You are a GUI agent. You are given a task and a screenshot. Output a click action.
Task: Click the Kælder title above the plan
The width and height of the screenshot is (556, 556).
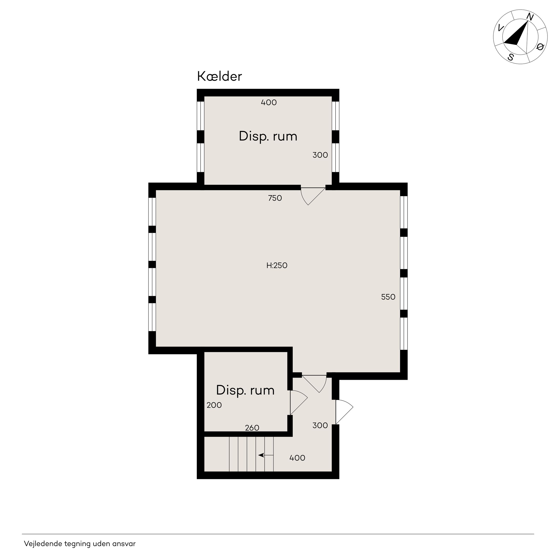[x=219, y=77]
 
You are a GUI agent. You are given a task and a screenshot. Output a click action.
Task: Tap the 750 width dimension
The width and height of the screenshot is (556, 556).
[x=275, y=198]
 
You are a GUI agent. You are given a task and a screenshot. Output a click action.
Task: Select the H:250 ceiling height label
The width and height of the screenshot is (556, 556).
[x=277, y=265]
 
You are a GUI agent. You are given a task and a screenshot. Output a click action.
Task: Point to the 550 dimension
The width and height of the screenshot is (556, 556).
[x=388, y=297]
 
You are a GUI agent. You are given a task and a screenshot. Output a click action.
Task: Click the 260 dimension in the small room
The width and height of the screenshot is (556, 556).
[x=252, y=428]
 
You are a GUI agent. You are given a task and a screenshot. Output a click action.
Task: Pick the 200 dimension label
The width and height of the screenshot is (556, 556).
[x=214, y=405]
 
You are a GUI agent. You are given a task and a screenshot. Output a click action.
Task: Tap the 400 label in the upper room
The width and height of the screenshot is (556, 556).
[x=269, y=102]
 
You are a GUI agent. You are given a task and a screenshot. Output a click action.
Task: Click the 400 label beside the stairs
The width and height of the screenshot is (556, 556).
[x=297, y=458]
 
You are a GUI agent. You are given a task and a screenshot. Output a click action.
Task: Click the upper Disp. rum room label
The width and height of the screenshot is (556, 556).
[x=268, y=136]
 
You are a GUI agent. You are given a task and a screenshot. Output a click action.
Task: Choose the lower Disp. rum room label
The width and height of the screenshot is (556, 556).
[x=245, y=390]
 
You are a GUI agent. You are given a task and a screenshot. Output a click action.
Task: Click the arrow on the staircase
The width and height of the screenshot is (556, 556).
[x=266, y=455]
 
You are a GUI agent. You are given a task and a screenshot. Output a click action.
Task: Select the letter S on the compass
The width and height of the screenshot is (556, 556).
[x=511, y=57]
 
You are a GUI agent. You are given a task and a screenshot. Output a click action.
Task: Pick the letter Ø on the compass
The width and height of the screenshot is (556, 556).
[x=540, y=47]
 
